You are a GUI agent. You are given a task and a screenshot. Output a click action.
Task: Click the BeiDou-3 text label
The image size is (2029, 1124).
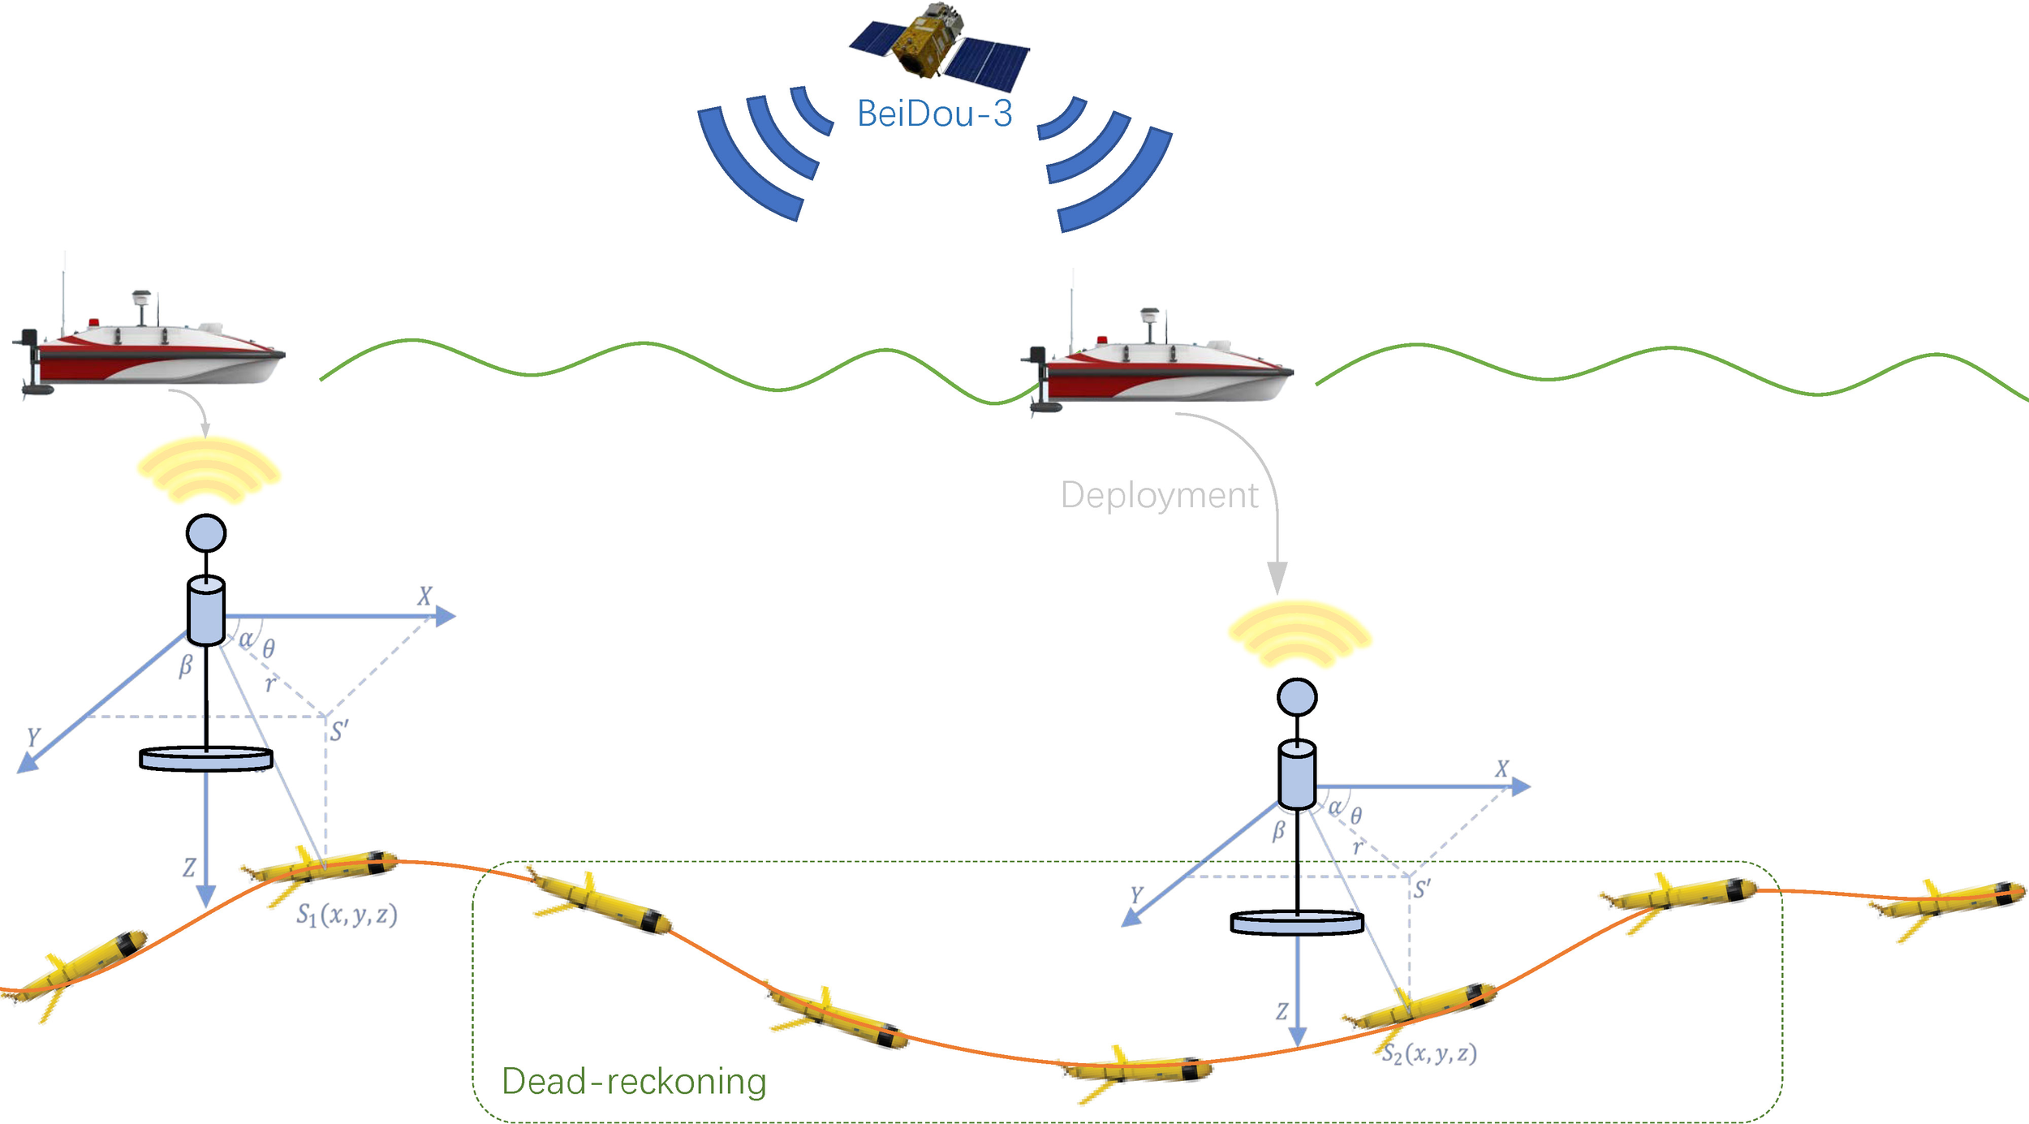[x=934, y=114]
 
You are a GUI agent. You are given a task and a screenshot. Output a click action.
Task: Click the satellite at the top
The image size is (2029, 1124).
[x=939, y=45]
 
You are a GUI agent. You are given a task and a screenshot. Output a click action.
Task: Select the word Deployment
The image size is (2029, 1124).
[x=1159, y=495]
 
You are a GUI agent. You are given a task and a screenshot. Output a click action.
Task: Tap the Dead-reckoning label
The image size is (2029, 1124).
[x=634, y=1082]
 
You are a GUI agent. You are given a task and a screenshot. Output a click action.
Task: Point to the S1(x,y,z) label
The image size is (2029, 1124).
[x=347, y=915]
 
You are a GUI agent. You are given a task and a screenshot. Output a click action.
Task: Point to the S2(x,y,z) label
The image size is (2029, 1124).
[x=1429, y=1053]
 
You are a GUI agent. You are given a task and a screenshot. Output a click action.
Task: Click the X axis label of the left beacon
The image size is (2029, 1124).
[x=424, y=596]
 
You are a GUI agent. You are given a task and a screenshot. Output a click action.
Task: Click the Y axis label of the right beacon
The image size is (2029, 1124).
[x=1136, y=895]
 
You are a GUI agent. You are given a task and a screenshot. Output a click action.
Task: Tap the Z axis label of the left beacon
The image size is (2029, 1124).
[x=189, y=868]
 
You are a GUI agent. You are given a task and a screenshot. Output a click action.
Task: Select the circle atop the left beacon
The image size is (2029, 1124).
[x=206, y=533]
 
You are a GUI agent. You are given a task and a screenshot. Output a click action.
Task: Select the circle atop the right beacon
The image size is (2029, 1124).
[x=1297, y=697]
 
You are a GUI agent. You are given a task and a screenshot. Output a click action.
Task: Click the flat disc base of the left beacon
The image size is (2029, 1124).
[x=206, y=759]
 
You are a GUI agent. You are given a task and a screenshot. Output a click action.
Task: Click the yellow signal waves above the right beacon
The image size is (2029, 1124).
[x=1299, y=634]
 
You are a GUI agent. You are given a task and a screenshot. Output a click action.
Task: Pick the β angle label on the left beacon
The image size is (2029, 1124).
[x=186, y=665]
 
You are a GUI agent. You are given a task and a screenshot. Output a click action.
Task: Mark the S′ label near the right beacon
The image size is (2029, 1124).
[x=1422, y=889]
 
